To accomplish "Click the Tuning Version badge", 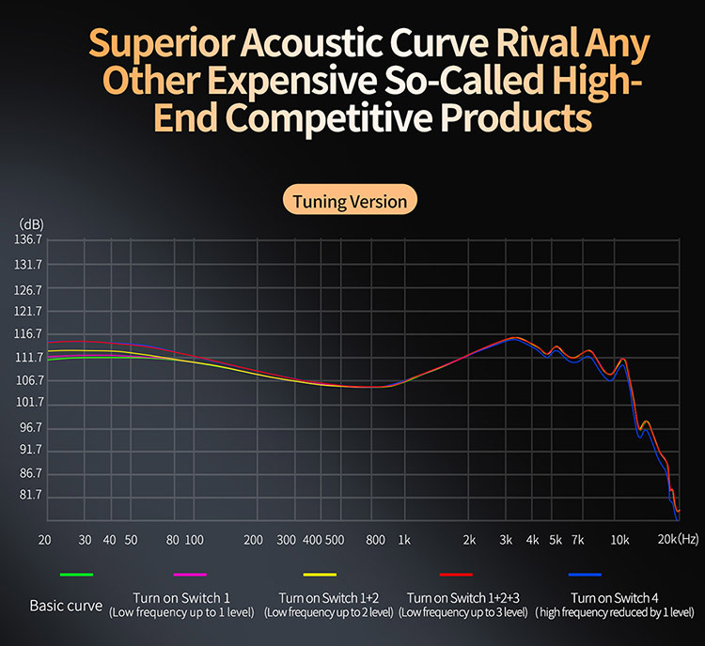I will (350, 201).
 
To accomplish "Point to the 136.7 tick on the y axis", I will (31, 241).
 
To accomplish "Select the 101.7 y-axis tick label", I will (31, 403).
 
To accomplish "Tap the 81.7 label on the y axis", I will (31, 495).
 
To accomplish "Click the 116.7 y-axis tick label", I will (31, 334).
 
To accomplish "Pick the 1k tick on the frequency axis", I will (404, 540).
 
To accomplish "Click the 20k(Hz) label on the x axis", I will (678, 540).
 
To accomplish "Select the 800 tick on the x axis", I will (375, 540).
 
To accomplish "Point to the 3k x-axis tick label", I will (507, 540).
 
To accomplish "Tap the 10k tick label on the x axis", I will (619, 540).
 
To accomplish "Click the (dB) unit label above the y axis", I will (31, 224).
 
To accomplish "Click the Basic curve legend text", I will (66, 606).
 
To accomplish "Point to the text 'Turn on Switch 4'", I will (615, 598).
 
